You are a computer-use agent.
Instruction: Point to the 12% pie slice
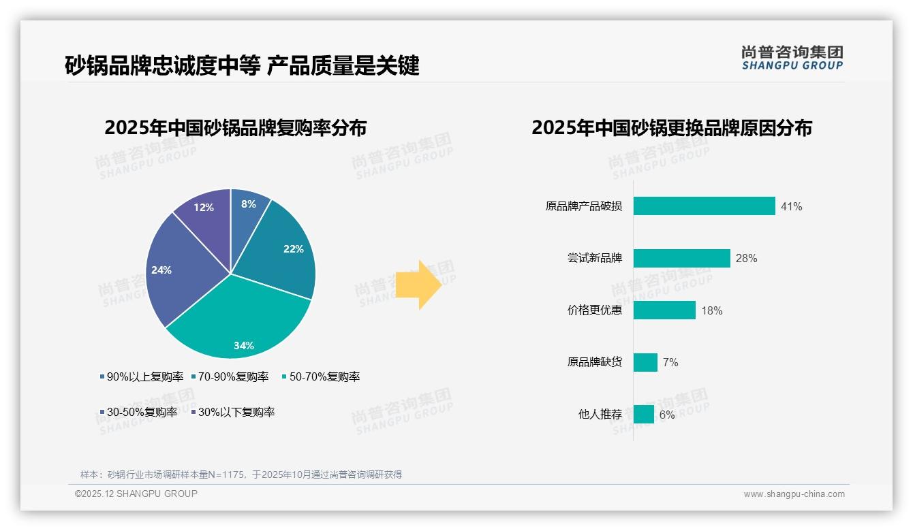pos(204,211)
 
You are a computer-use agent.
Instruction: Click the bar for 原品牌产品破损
pos(704,206)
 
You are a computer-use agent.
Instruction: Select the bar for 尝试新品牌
pos(681,258)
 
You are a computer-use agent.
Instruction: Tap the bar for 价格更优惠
pos(664,310)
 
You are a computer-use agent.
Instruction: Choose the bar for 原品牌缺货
pos(645,362)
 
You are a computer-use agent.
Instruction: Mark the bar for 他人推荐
pos(644,415)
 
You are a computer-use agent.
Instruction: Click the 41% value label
pos(792,206)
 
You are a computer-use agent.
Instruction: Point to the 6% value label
pos(667,415)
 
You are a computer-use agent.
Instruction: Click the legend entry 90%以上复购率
pos(142,376)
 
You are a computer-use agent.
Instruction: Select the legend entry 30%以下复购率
pos(233,412)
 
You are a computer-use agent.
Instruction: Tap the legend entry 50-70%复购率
pos(321,376)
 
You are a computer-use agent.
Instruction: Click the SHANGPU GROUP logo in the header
pos(792,58)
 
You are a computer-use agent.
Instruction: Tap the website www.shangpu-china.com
pos(794,494)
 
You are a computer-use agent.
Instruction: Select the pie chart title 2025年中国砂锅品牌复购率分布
pos(236,128)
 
